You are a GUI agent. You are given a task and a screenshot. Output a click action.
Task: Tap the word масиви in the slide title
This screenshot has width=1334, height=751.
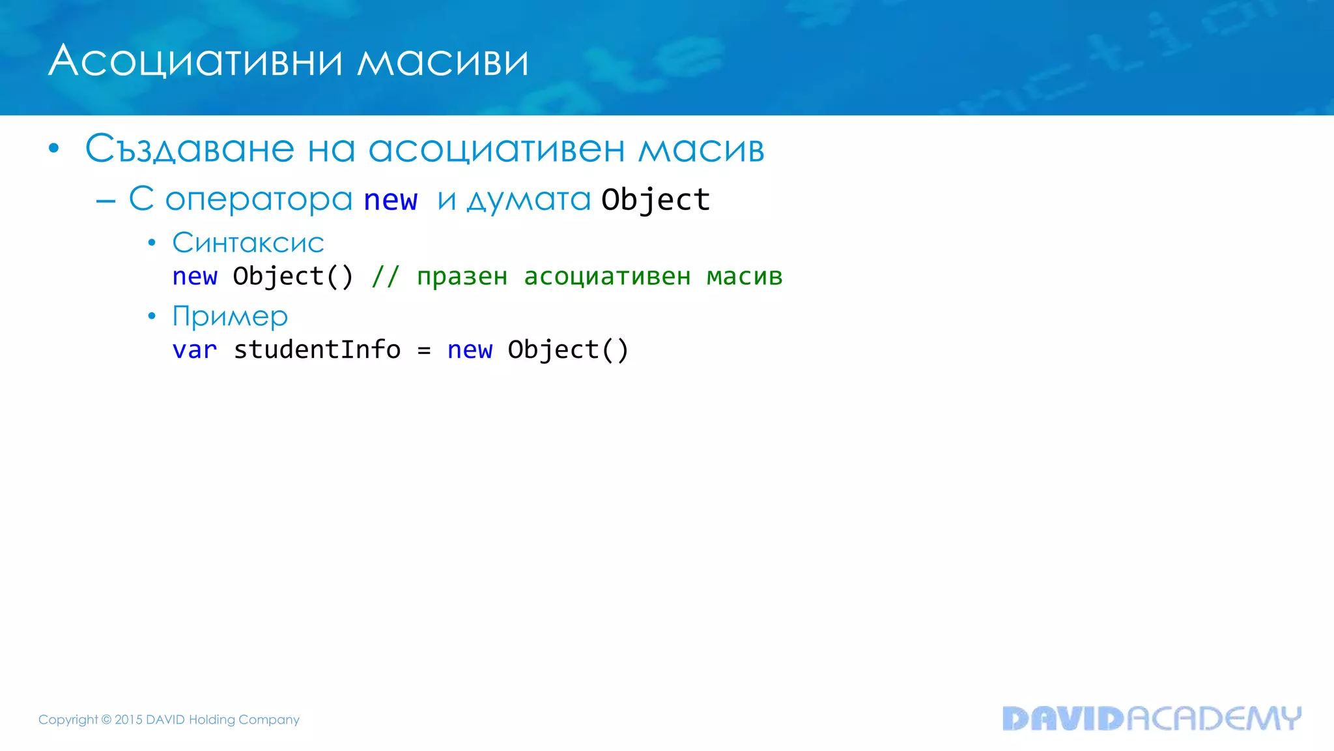pyautogui.click(x=443, y=61)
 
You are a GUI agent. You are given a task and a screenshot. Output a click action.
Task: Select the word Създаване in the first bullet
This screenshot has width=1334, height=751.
pyautogui.click(x=190, y=149)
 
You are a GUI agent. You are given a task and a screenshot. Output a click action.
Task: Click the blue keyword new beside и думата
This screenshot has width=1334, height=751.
pyautogui.click(x=390, y=199)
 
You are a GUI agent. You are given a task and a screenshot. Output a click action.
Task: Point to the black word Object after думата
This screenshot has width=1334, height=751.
pyautogui.click(x=655, y=199)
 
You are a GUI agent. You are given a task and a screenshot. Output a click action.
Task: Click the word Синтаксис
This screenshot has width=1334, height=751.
pyautogui.click(x=248, y=243)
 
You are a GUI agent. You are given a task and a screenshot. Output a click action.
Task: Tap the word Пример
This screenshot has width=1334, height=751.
pyautogui.click(x=230, y=317)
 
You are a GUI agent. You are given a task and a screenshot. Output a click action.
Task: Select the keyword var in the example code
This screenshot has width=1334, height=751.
pyautogui.click(x=194, y=350)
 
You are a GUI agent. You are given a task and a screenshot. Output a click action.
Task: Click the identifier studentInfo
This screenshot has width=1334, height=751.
pyautogui.click(x=317, y=349)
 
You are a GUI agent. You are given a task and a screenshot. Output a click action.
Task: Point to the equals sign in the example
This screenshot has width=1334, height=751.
pyautogui.click(x=424, y=351)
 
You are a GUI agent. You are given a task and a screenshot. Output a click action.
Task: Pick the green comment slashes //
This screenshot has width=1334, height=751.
pyautogui.click(x=385, y=276)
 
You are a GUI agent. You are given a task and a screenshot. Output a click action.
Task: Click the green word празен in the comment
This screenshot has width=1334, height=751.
pyautogui.click(x=462, y=277)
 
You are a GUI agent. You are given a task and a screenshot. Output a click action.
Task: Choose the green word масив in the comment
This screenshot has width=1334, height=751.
pyautogui.click(x=745, y=276)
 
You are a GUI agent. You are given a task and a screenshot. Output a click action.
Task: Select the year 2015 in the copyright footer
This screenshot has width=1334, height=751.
pyautogui.click(x=128, y=720)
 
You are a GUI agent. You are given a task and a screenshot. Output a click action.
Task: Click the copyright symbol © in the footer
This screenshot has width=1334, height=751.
pyautogui.click(x=106, y=720)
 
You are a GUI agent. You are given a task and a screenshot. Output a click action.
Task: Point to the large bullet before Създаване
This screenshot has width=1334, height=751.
pyautogui.click(x=54, y=149)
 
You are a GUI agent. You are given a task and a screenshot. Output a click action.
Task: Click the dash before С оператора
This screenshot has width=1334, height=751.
pyautogui.click(x=106, y=201)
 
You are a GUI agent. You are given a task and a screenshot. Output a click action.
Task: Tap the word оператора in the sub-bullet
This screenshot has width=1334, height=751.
pyautogui.click(x=259, y=199)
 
